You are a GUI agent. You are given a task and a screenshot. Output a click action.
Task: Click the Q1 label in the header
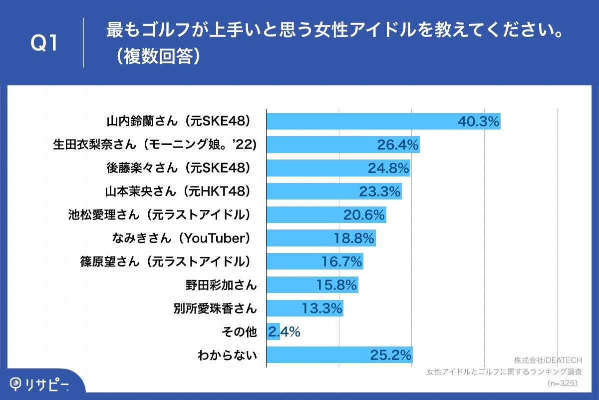pos(45,43)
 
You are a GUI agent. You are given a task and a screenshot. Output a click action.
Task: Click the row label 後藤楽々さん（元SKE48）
pos(179,168)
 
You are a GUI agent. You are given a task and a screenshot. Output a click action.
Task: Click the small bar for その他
pos(273,331)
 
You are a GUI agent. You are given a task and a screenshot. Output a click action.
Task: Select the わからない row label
pos(227,355)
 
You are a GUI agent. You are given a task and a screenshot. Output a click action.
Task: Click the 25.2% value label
pos(391,355)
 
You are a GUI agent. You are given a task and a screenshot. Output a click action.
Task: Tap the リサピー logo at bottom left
pos(40,384)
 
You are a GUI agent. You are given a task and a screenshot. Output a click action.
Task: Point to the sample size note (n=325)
pos(563,383)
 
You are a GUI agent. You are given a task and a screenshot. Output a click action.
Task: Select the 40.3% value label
pos(478,121)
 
